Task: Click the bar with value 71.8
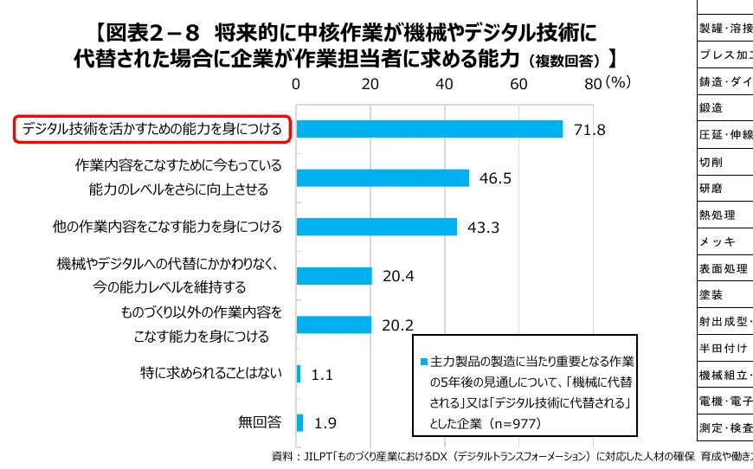pos(429,129)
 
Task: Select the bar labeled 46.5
pos(383,177)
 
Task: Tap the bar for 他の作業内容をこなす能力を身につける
pos(376,227)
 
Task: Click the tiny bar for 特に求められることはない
pos(299,374)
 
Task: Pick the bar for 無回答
pos(299,422)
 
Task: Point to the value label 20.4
pos(398,277)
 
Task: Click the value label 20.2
pos(397,326)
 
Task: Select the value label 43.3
pos(484,228)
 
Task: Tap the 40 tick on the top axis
pos(445,84)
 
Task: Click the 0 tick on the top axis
pos(297,84)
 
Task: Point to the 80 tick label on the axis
pos(593,84)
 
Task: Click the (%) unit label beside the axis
pos(619,83)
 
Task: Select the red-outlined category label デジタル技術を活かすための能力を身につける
pos(152,129)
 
